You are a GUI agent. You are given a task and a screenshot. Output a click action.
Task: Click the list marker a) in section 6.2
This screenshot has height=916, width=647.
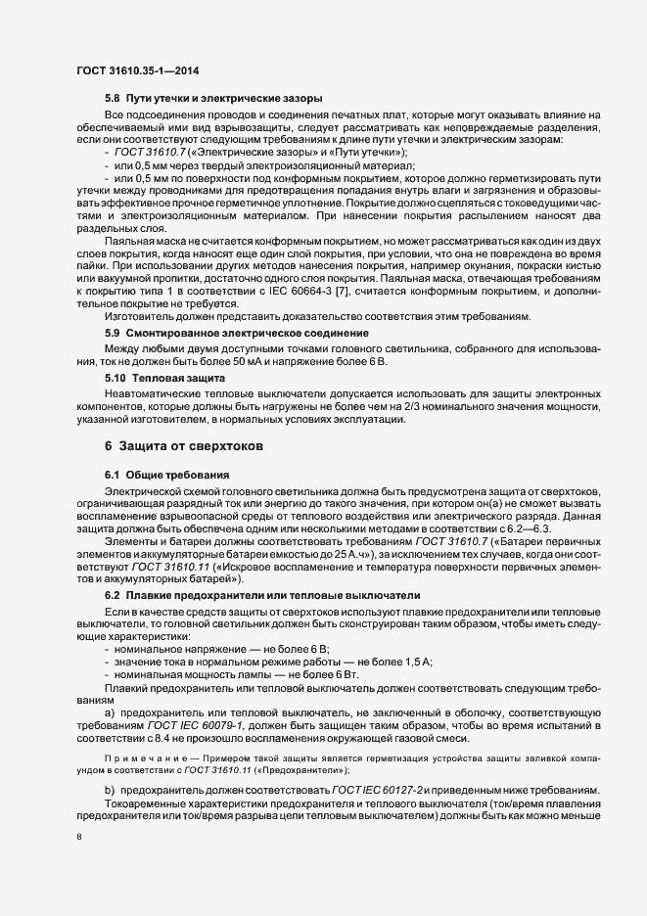pos(109,711)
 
